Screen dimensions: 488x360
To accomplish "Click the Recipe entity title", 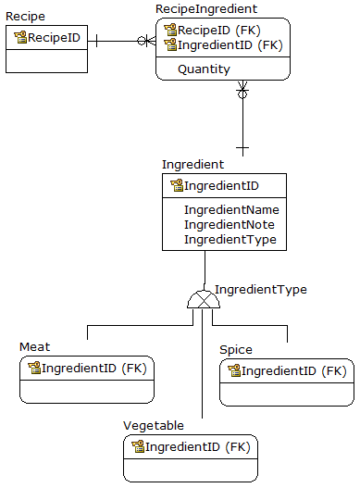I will coord(25,17).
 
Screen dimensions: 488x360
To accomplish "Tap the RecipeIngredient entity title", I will coord(205,8).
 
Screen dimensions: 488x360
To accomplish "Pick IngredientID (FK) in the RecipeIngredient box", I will coord(230,44).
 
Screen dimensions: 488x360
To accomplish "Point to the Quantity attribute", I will coord(204,69).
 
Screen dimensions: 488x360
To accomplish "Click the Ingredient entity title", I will coord(192,164).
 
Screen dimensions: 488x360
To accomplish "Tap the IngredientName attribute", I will coord(231,210).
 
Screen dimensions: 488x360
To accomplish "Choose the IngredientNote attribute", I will coord(229,225).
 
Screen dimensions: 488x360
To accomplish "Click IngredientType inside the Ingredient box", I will coord(230,240).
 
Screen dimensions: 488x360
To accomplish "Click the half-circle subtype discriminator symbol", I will coord(201,299).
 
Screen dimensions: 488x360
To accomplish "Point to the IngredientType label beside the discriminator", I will coord(261,290).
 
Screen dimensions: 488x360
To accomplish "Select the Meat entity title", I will coord(35,347).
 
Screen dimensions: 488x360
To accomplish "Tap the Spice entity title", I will coord(235,350).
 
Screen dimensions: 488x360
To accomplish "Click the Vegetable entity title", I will coord(154,425).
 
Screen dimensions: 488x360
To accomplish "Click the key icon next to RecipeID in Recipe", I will coord(19,38).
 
